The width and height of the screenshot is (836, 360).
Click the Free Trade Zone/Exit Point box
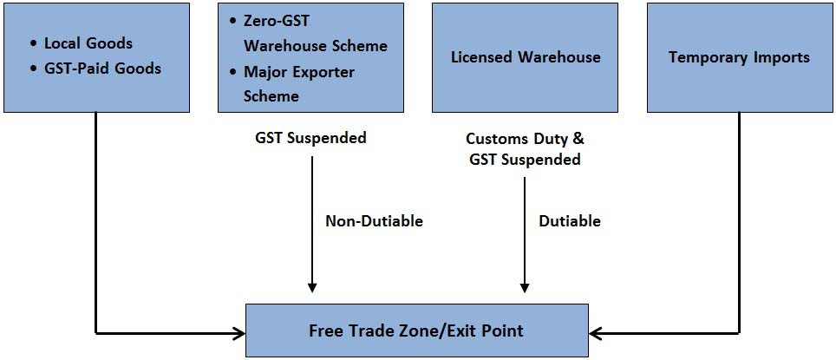(x=417, y=331)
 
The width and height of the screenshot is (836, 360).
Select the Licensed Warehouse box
(x=526, y=57)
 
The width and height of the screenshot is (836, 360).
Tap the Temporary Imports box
(x=740, y=57)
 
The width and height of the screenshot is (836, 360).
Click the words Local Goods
(x=88, y=43)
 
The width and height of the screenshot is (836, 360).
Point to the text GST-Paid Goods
(x=102, y=69)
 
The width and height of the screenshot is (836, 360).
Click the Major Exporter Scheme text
(x=299, y=84)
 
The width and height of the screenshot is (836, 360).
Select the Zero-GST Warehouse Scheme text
(x=316, y=33)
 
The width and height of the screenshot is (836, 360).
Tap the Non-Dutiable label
(x=375, y=221)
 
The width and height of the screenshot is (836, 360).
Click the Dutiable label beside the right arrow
(x=570, y=221)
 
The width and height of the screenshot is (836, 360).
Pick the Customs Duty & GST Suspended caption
(x=525, y=149)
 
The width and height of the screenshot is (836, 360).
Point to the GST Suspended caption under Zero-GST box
(x=310, y=138)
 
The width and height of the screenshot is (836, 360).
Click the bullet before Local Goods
(x=34, y=43)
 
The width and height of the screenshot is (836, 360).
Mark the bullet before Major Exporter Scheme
(x=232, y=72)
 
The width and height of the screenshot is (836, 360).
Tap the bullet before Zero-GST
(x=232, y=22)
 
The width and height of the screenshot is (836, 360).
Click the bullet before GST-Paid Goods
(x=34, y=69)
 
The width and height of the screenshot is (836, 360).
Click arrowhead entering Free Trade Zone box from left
(x=239, y=334)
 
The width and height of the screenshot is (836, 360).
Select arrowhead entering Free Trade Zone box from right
(x=595, y=334)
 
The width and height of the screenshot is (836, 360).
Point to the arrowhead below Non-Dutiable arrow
(x=312, y=287)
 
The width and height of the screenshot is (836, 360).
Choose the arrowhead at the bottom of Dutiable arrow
(x=525, y=287)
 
